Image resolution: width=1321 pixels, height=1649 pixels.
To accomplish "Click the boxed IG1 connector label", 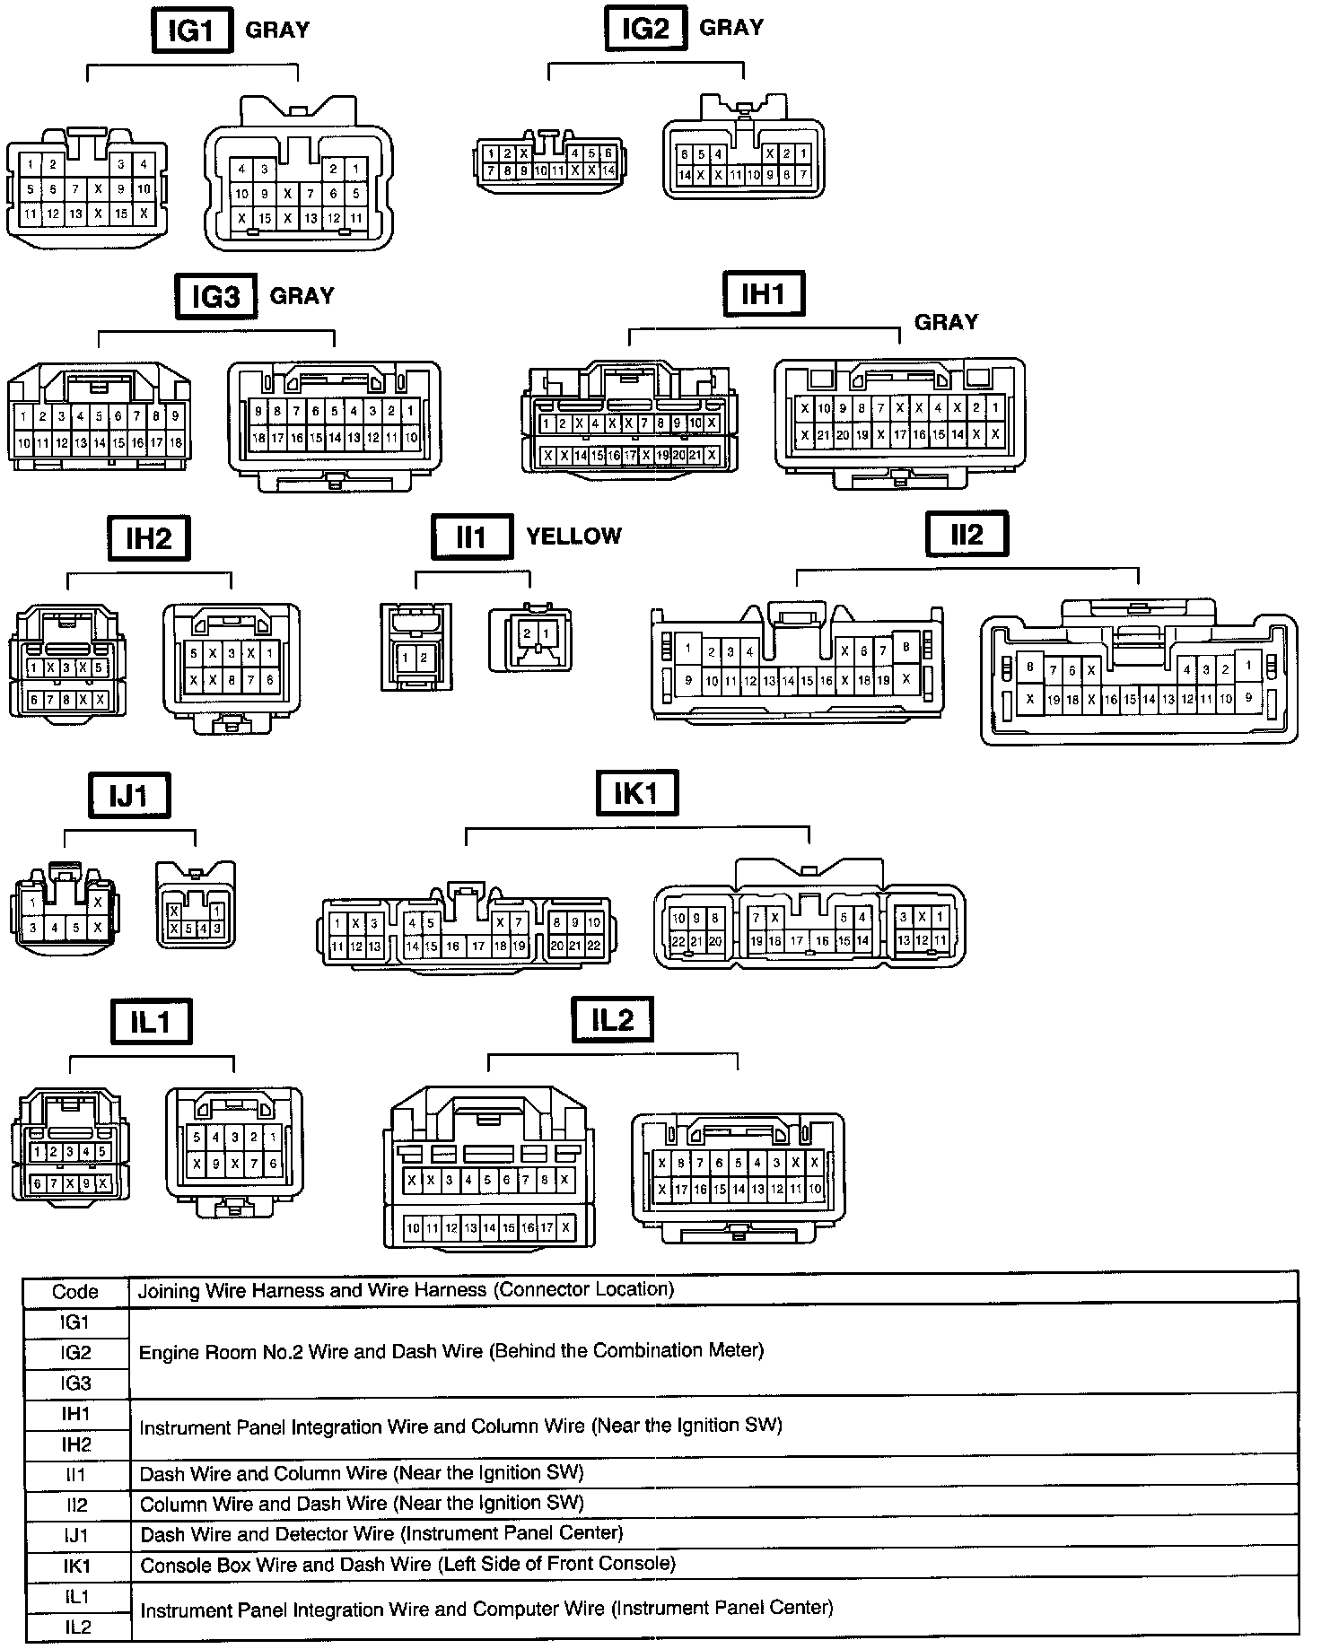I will click(x=191, y=32).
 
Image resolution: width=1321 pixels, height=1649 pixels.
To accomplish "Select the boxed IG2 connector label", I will click(x=645, y=30).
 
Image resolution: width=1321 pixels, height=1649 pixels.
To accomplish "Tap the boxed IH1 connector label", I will click(x=764, y=293).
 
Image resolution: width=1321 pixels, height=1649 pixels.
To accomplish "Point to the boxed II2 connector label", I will click(x=967, y=535).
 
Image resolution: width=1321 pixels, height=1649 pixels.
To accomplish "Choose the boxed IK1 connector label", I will click(x=636, y=794).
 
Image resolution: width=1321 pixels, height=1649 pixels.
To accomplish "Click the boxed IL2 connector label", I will click(x=612, y=1020).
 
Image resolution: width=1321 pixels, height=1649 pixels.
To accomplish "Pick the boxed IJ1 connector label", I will click(x=129, y=796).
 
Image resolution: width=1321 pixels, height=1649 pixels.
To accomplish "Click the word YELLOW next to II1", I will click(x=573, y=537).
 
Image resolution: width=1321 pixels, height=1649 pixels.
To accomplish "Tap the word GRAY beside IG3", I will click(x=302, y=296).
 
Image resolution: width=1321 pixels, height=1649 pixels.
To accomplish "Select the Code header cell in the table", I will click(x=75, y=1292).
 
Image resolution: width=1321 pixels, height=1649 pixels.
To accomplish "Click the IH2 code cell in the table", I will click(x=75, y=1444).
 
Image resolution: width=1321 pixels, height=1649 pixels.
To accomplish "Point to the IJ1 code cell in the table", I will click(x=75, y=1536).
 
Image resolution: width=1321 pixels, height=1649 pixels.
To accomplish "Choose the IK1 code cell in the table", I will click(x=75, y=1566).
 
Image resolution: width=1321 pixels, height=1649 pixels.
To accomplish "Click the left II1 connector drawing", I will click(x=416, y=646).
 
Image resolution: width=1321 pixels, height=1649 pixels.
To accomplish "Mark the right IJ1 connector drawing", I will click(x=196, y=904).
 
